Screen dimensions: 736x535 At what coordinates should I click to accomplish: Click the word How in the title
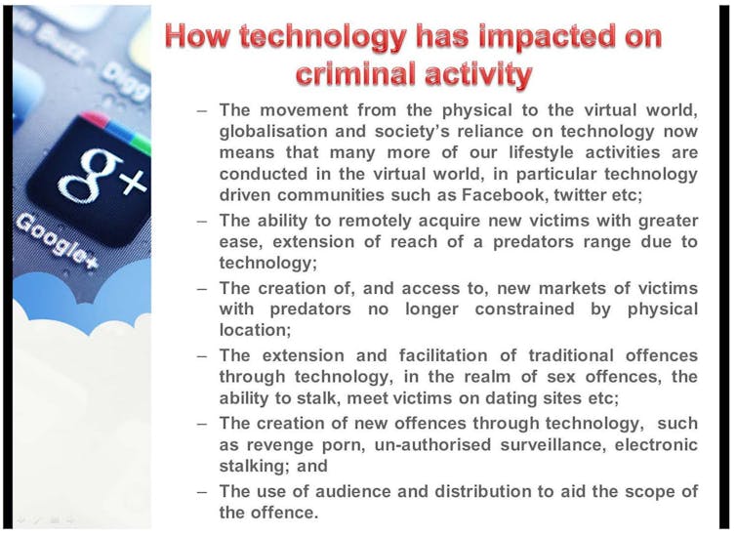tap(197, 36)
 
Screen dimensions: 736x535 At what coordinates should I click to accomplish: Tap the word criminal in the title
tap(356, 73)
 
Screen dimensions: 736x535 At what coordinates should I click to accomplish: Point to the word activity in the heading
tap(478, 75)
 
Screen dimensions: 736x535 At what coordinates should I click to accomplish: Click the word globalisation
tap(273, 131)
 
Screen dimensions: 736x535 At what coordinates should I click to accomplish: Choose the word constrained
tap(524, 309)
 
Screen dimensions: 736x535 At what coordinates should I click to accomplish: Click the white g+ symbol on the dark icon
tap(101, 176)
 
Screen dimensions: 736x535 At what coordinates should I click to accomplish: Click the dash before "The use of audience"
tap(202, 492)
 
